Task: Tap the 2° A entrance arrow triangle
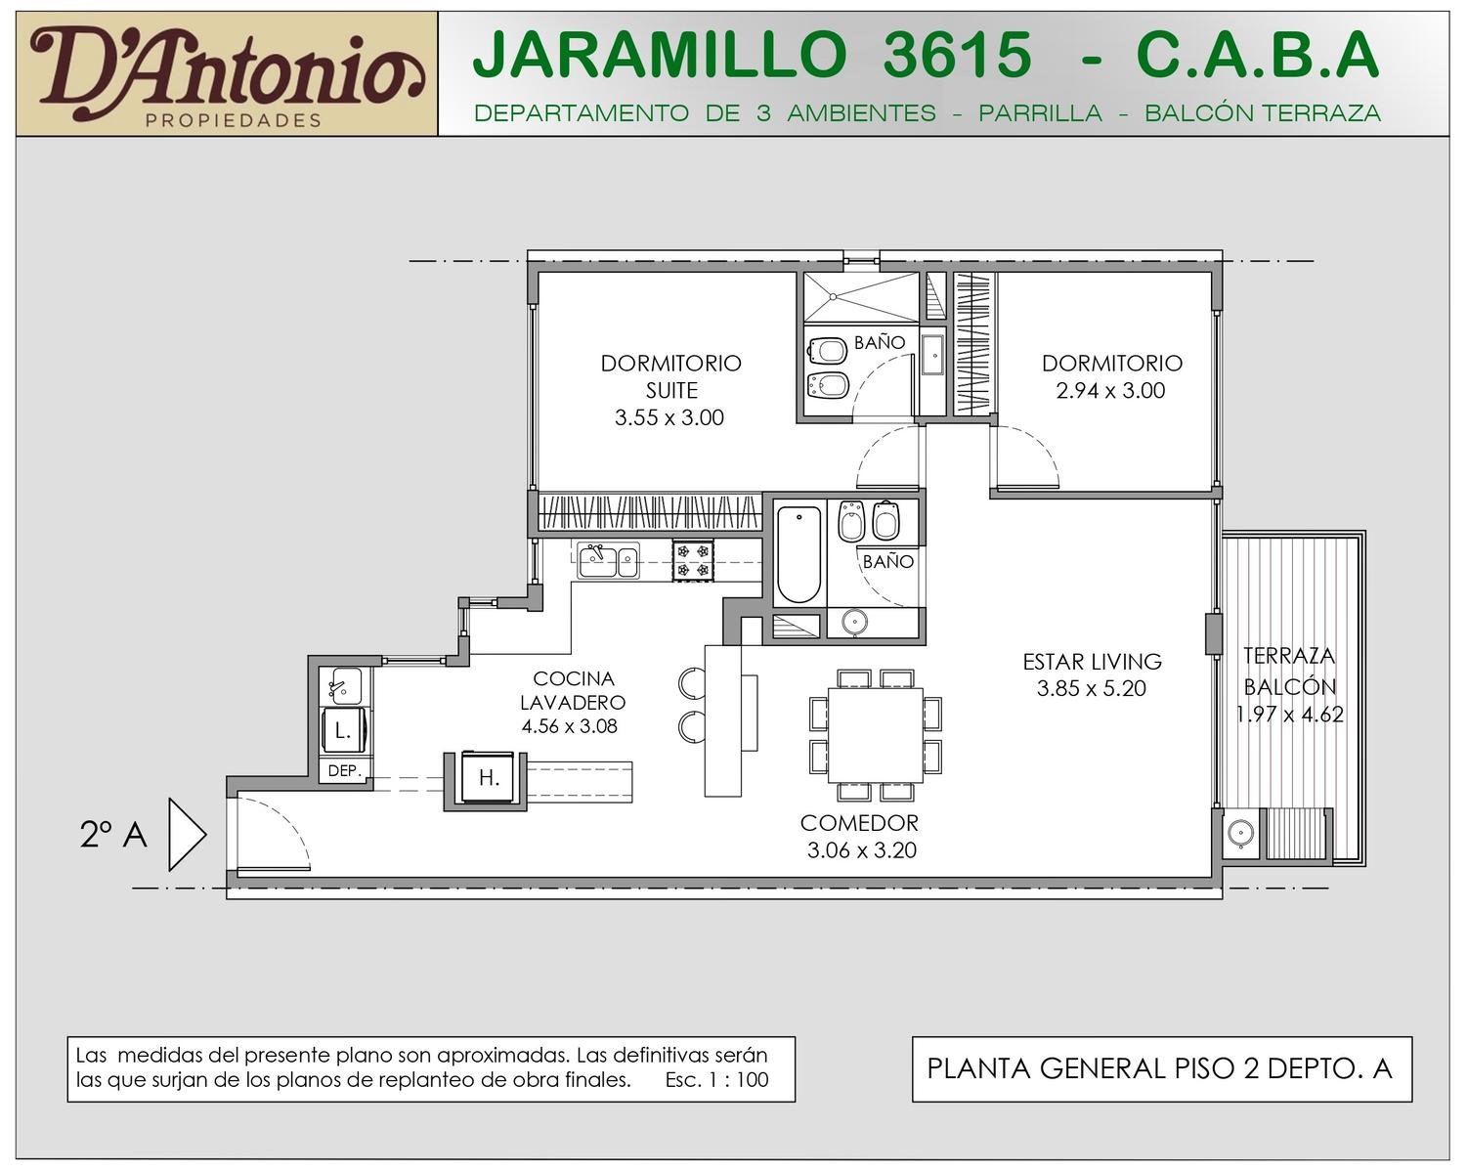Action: pos(188,835)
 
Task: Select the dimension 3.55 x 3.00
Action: pos(669,417)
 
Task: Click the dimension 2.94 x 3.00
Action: pos(1110,391)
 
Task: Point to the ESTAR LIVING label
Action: pos(1092,662)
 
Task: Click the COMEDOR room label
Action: pos(859,823)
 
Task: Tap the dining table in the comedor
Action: pos(876,734)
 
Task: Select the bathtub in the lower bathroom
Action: pos(798,554)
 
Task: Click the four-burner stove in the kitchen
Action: pos(693,560)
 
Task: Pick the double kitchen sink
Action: pos(608,560)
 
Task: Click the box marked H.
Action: pos(487,777)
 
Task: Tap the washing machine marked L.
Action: pos(344,730)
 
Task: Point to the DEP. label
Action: pos(345,771)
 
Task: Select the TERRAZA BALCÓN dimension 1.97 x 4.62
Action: pos(1289,715)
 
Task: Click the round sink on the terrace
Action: pos(1240,833)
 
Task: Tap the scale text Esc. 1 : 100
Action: pos(717,1079)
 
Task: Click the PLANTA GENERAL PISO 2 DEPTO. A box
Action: pos(1162,1069)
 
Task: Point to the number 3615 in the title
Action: pos(957,55)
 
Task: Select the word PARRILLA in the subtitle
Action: pos(1040,113)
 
